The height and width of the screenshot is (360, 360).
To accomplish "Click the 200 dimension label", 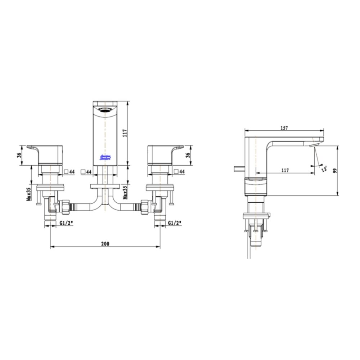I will (x=105, y=244).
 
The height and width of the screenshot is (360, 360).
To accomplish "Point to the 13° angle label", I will (x=324, y=168).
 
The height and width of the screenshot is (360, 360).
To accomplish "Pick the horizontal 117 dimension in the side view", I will (x=285, y=171).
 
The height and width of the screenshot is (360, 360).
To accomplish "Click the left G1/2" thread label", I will (x=67, y=223).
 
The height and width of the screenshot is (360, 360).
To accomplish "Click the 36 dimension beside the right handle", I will (x=188, y=155).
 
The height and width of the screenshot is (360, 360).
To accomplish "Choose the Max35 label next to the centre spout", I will (x=125, y=193).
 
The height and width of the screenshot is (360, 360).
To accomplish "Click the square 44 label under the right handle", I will (x=179, y=172).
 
